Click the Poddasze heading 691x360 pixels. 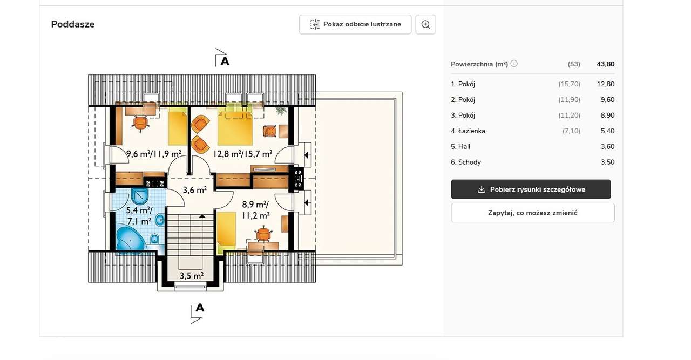pyautogui.click(x=73, y=24)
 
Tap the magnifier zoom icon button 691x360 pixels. pyautogui.click(x=425, y=24)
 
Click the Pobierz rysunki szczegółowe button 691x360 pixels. pyautogui.click(x=531, y=189)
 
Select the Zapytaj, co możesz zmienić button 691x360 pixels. pyautogui.click(x=532, y=213)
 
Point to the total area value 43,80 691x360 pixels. pyautogui.click(x=605, y=64)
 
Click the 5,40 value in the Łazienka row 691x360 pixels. pyautogui.click(x=607, y=131)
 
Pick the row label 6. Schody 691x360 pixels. pyautogui.click(x=466, y=162)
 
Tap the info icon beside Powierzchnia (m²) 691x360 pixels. pyautogui.click(x=514, y=64)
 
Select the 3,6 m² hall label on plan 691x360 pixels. pyautogui.click(x=194, y=190)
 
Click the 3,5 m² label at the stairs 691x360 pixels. pyautogui.click(x=191, y=276)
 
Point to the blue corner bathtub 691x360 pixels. pyautogui.click(x=130, y=240)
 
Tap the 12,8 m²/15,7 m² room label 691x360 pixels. pyautogui.click(x=242, y=154)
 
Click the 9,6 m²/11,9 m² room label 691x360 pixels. pyautogui.click(x=153, y=154)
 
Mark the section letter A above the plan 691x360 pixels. pyautogui.click(x=225, y=61)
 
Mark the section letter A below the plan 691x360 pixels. pyautogui.click(x=200, y=308)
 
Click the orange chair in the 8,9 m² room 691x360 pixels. pyautogui.click(x=263, y=234)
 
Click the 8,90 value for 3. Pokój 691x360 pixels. pyautogui.click(x=607, y=116)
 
